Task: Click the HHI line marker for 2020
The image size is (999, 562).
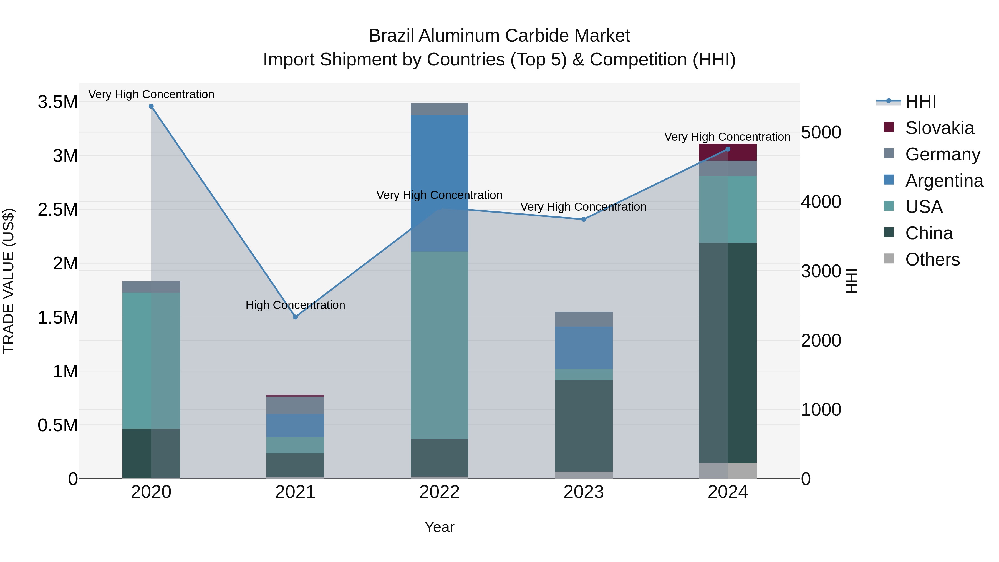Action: (151, 106)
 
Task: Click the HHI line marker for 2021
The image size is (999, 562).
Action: (296, 317)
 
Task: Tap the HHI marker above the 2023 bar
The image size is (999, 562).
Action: (584, 220)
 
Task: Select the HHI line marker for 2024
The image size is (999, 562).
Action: (728, 149)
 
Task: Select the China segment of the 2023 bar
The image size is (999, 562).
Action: (584, 425)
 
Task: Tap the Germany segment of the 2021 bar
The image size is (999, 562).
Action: (296, 405)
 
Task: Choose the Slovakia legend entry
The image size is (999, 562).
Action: (939, 128)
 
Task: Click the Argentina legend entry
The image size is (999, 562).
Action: (944, 181)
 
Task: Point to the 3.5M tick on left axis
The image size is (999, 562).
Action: (58, 102)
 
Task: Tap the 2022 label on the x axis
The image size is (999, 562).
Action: (439, 492)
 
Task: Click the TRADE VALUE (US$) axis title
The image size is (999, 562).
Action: (9, 281)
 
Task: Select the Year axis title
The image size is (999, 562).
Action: (439, 527)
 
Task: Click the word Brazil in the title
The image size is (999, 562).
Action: (392, 36)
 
